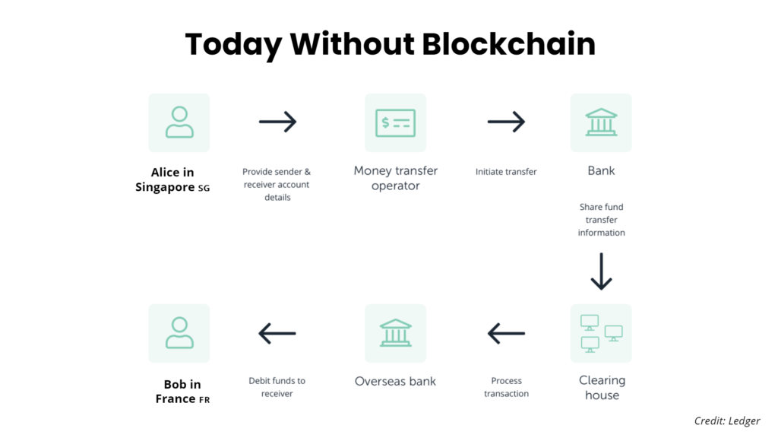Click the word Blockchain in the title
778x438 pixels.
[508, 43]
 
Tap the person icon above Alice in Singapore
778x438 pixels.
[179, 122]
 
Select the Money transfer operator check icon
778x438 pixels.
[395, 122]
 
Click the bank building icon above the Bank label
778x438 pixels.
[601, 122]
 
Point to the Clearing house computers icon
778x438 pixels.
[602, 333]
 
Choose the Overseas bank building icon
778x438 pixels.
[395, 333]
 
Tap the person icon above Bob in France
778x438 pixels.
[179, 333]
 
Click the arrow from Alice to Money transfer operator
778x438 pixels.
[277, 122]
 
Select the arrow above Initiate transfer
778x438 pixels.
[506, 122]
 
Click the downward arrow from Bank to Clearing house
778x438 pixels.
[602, 271]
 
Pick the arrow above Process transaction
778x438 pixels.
[506, 333]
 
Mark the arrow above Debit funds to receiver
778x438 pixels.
[277, 333]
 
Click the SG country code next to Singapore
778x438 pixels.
[204, 189]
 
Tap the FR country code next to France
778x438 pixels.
[204, 400]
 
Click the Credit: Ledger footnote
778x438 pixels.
[727, 421]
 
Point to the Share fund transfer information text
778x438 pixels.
[602, 220]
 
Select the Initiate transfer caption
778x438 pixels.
[506, 172]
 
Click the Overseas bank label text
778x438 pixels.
[395, 381]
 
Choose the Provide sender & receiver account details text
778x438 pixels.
[277, 184]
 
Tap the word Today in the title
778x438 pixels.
[233, 45]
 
